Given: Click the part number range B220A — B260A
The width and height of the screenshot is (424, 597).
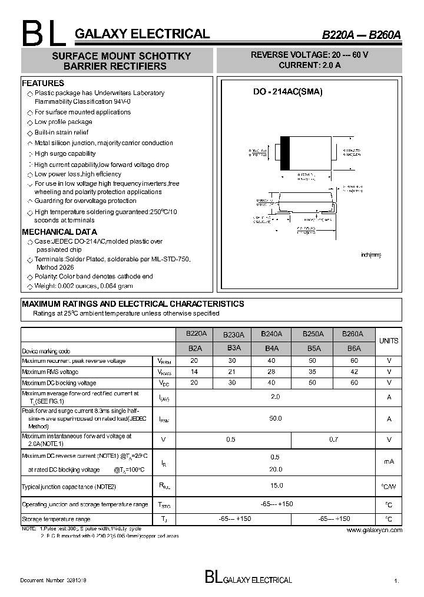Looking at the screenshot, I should pyautogui.click(x=361, y=35).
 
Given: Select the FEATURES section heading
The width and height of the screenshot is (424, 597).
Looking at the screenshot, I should pyautogui.click(x=43, y=83).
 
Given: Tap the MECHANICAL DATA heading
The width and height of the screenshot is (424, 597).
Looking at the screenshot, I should pyautogui.click(x=59, y=232).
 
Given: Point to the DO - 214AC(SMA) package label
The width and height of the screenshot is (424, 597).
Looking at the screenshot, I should pyautogui.click(x=279, y=93).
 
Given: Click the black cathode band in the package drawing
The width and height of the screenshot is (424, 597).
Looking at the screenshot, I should pyautogui.click(x=285, y=153).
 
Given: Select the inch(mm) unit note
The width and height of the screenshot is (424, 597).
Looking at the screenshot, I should pyautogui.click(x=371, y=255).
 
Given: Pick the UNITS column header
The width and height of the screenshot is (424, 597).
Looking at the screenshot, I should pyautogui.click(x=389, y=340).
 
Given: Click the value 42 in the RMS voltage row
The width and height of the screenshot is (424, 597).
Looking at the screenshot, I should pyautogui.click(x=353, y=372).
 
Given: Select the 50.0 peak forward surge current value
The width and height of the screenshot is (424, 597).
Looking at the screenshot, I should pyautogui.click(x=275, y=418).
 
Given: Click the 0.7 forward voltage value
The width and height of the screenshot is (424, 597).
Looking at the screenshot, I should pyautogui.click(x=333, y=439).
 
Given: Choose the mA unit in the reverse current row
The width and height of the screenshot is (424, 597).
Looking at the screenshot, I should pyautogui.click(x=389, y=462).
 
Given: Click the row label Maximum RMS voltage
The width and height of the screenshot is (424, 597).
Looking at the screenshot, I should pyautogui.click(x=50, y=372).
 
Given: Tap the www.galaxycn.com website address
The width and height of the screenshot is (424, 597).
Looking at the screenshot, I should pyautogui.click(x=374, y=530).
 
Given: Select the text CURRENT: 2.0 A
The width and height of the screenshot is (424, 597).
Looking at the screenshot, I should pyautogui.click(x=309, y=65).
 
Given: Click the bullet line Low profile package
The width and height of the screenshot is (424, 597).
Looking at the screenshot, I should pyautogui.click(x=63, y=122).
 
